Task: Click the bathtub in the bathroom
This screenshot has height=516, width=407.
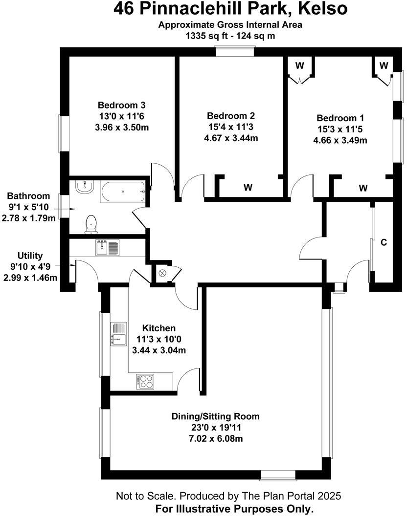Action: [x=122, y=192]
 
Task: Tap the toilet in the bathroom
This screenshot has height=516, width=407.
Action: [x=90, y=224]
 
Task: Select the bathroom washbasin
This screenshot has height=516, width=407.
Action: [x=85, y=187]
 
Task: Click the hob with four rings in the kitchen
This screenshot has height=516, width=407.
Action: [x=145, y=382]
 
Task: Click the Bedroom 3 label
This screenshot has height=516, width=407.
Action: [x=121, y=105]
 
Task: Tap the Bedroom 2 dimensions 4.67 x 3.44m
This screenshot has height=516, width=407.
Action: [x=231, y=138]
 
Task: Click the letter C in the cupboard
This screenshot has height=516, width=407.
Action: [x=384, y=242]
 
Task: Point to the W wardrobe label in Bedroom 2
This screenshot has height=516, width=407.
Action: [x=248, y=187]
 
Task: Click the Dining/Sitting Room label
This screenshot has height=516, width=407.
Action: [x=215, y=416]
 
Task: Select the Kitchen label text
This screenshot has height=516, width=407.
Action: [x=158, y=328]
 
